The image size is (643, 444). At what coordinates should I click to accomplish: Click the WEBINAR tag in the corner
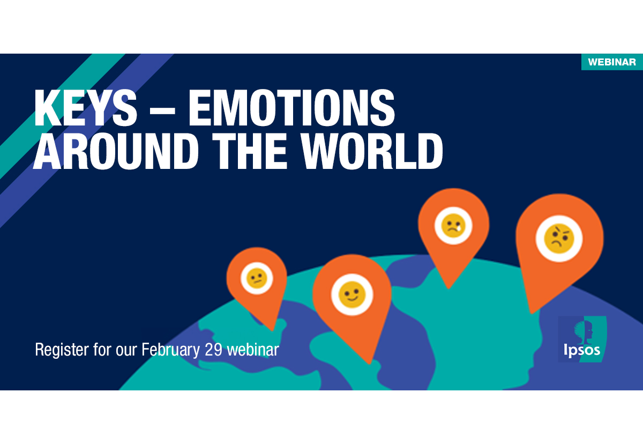[612, 62]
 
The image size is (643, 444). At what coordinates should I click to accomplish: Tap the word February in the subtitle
[171, 350]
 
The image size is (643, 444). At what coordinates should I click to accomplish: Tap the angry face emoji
[559, 239]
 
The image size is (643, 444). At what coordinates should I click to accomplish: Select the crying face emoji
[453, 225]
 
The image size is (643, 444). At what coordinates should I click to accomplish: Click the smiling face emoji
[351, 296]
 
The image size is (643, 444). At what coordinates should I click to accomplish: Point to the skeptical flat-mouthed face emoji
[257, 278]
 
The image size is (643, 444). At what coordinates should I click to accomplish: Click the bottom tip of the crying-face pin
[448, 287]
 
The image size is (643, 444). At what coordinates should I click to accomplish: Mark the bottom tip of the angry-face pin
[530, 313]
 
